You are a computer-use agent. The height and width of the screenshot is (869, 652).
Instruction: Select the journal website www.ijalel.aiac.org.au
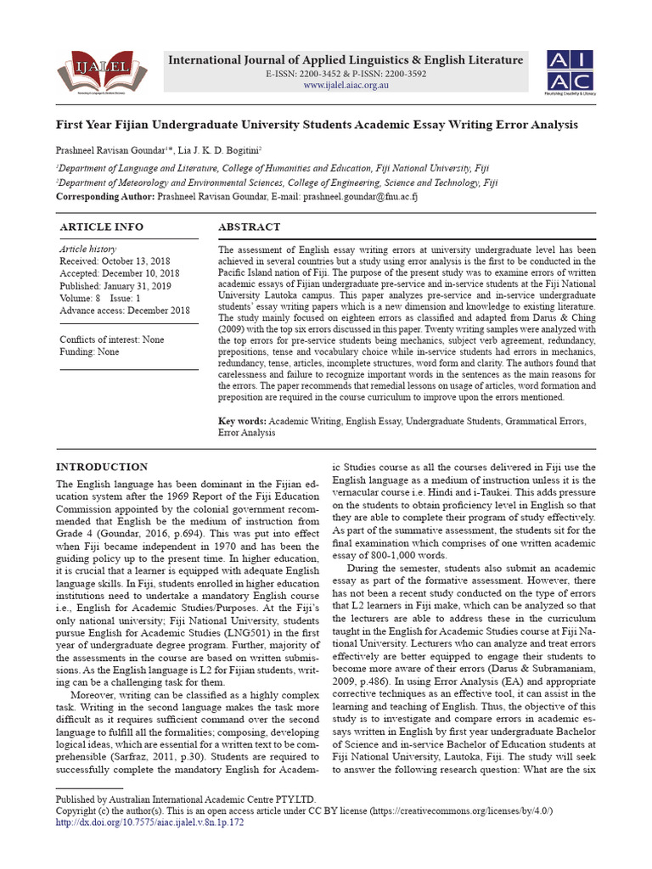coord(346,86)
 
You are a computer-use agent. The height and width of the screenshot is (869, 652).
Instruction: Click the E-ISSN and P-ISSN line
coord(346,75)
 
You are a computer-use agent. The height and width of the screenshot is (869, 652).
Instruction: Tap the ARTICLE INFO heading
coord(101,227)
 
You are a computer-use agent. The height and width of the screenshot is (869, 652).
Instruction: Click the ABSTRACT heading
coord(249,227)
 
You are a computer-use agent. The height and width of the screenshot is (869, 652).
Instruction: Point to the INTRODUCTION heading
coord(101,467)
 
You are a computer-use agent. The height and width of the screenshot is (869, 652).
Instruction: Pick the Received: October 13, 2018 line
coord(115,261)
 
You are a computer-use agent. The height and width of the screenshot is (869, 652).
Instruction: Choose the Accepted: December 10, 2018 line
coord(119,274)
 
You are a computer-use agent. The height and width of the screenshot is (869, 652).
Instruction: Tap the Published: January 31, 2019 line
coord(114,286)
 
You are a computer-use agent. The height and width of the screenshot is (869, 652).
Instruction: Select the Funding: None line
coord(89,351)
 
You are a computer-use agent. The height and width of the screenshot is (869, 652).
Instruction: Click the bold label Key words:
coord(243,421)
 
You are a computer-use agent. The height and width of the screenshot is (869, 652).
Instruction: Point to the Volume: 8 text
coord(80,299)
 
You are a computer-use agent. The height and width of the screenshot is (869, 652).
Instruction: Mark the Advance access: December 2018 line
coord(125,311)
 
